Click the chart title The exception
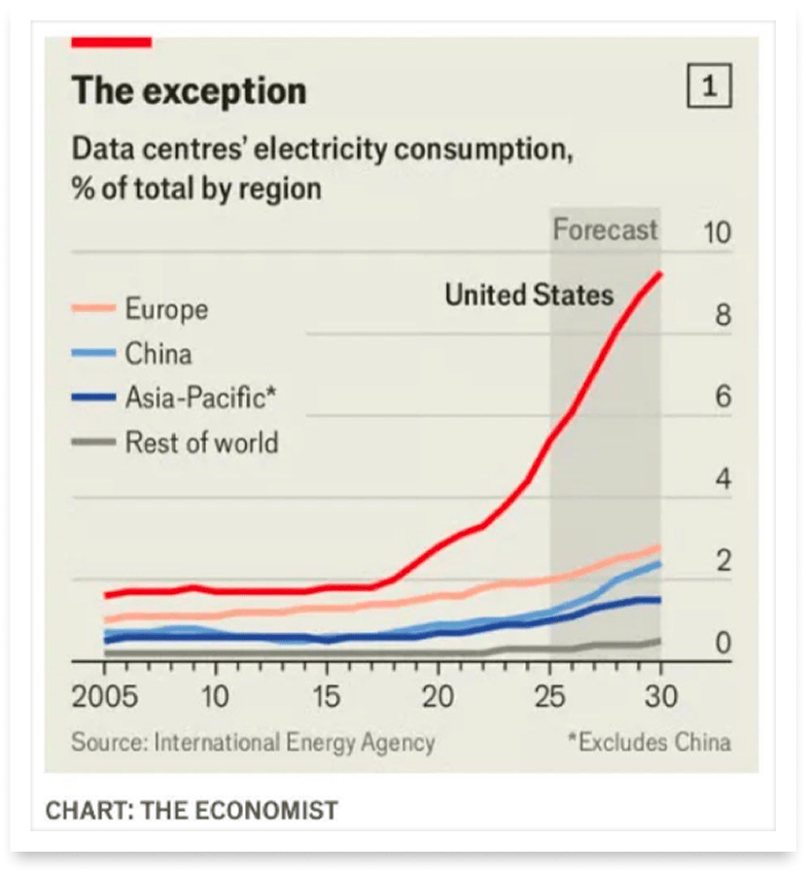189,91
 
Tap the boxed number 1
709,87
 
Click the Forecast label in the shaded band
605,230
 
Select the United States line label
529,295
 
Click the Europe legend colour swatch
93,310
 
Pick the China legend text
158,353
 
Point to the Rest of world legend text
201,442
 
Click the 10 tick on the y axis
716,233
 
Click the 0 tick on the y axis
723,643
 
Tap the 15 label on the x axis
327,697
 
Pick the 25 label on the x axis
549,697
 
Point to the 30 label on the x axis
661,697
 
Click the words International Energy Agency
295,743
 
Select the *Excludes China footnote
649,743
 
